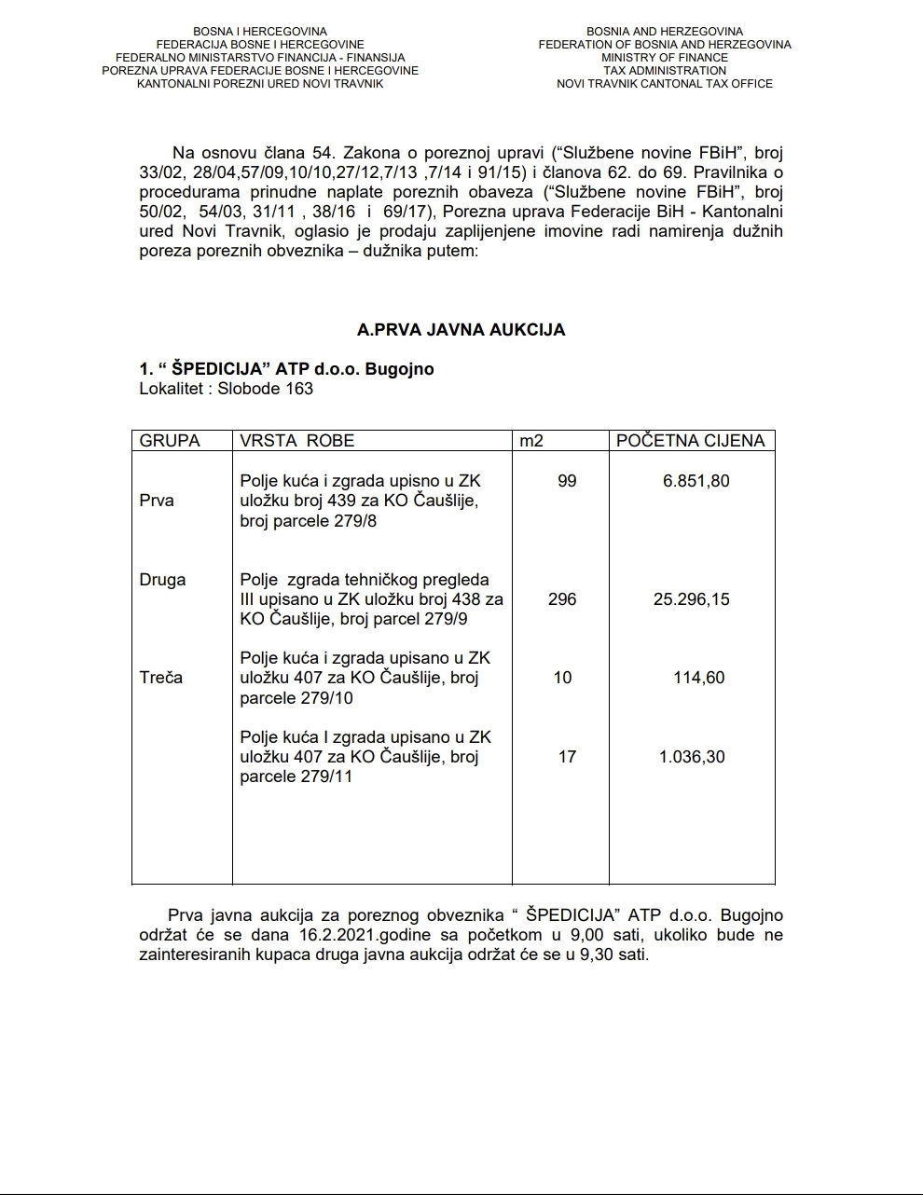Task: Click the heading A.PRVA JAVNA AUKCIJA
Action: [x=461, y=330]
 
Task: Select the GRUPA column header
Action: [x=170, y=441]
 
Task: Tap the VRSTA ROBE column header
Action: [x=296, y=441]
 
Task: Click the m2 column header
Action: [x=531, y=441]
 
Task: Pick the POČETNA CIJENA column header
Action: [x=690, y=441]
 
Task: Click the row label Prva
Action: [x=157, y=501]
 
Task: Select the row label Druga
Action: [x=162, y=580]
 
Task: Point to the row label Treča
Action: [x=161, y=678]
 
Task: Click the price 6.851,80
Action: [x=696, y=481]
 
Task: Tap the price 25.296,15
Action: [x=691, y=599]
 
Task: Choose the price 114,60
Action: [x=698, y=678]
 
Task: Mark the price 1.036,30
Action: [x=692, y=757]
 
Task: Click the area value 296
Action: [x=562, y=599]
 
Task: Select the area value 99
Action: [x=567, y=481]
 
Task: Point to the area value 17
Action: [x=567, y=757]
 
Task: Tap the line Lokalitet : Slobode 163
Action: [x=227, y=389]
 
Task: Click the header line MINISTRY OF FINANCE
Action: [x=665, y=58]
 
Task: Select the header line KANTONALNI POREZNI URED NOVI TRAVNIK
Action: [x=260, y=84]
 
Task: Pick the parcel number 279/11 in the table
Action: [x=326, y=776]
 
